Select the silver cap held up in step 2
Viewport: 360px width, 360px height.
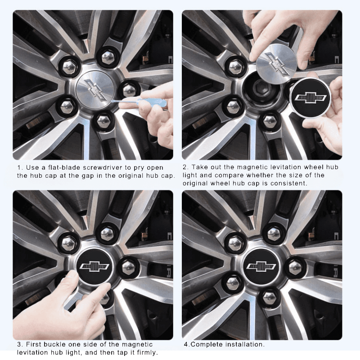[x=276, y=63]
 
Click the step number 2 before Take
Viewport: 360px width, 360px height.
[x=184, y=167]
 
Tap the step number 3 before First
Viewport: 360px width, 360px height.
[x=19, y=344]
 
